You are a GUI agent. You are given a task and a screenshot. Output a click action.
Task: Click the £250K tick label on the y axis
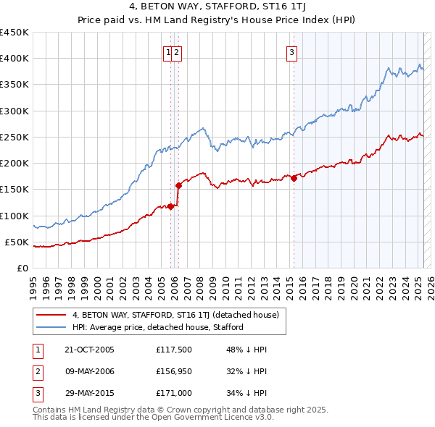[14, 137]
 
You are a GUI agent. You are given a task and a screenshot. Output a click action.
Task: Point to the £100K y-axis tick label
[14, 216]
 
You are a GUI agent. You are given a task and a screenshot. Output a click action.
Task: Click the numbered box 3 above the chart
[291, 51]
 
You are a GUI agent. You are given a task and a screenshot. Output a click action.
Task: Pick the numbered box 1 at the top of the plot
[168, 51]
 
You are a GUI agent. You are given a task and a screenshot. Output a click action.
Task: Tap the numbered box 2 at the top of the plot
[177, 51]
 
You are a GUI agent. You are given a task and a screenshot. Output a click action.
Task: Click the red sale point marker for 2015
[294, 179]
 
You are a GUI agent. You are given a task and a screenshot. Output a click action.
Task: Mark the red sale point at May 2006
[178, 186]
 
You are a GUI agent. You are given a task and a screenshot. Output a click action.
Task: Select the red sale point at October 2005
[171, 206]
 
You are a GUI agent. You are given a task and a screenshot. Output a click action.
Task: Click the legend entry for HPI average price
[157, 327]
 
